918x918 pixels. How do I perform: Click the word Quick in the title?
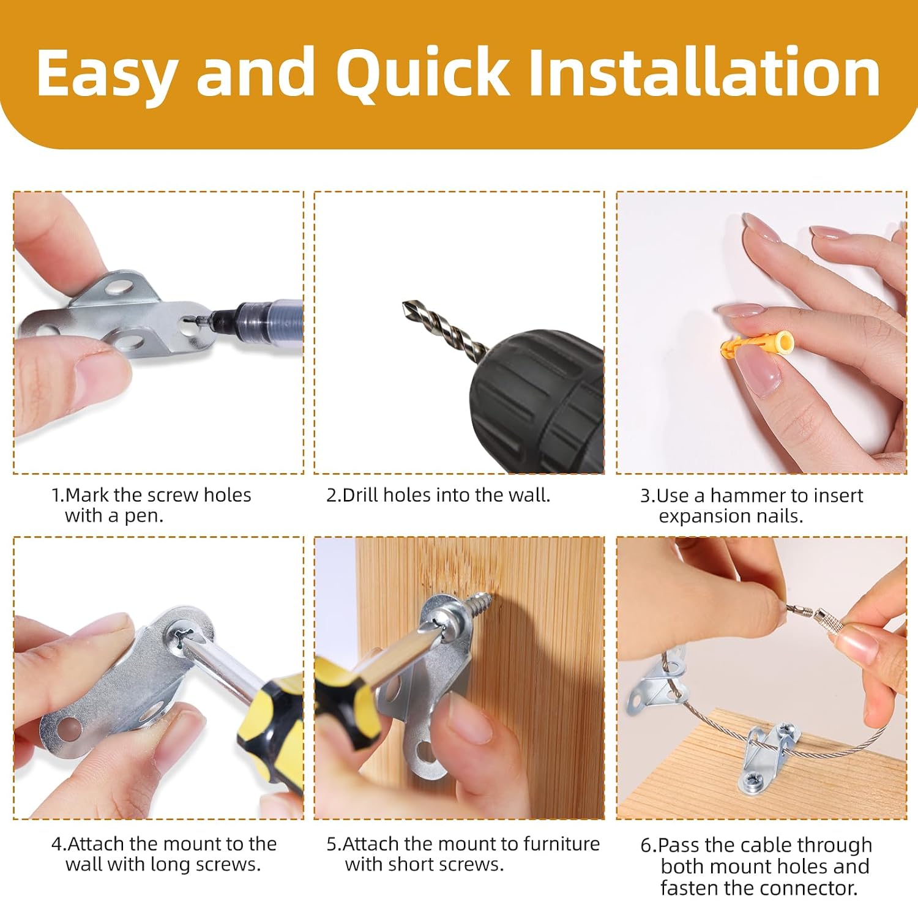pyautogui.click(x=422, y=73)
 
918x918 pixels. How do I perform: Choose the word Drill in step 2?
pyautogui.click(x=360, y=494)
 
